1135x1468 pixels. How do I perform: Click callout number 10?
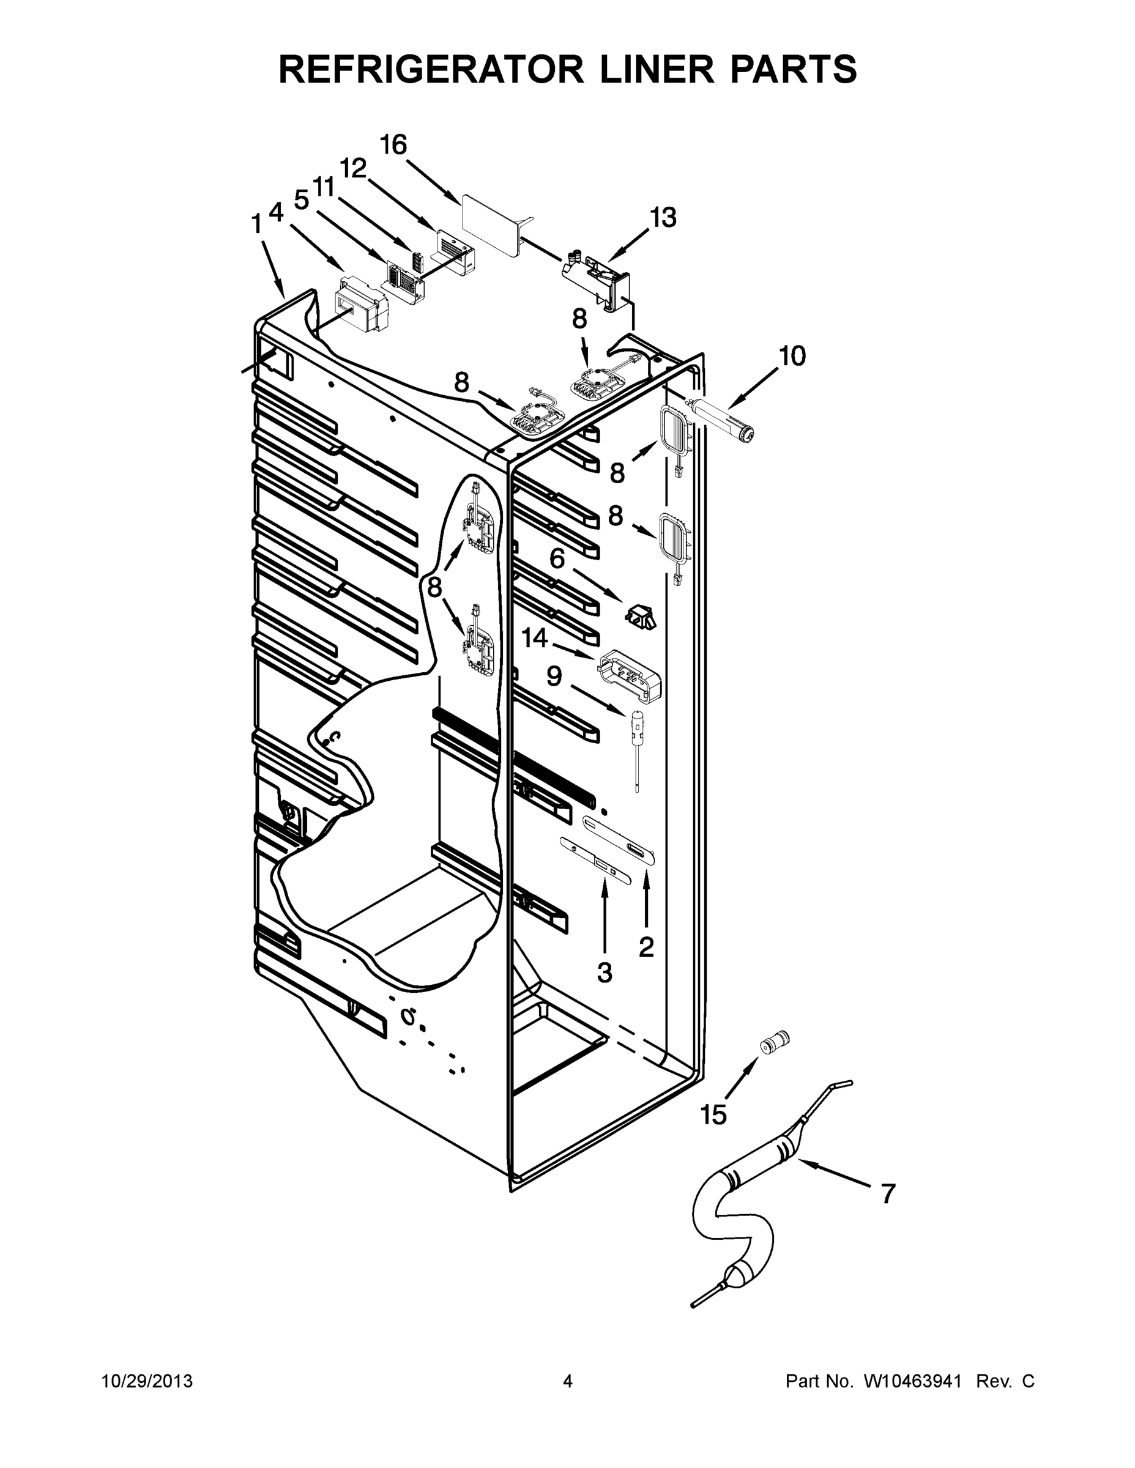pyautogui.click(x=794, y=356)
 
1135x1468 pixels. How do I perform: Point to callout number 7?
pyautogui.click(x=888, y=1195)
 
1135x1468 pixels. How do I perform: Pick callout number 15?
pyautogui.click(x=713, y=1115)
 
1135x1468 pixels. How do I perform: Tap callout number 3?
pyautogui.click(x=605, y=972)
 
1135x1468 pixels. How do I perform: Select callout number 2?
pyautogui.click(x=646, y=947)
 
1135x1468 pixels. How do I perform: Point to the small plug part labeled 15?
pyautogui.click(x=774, y=1042)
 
